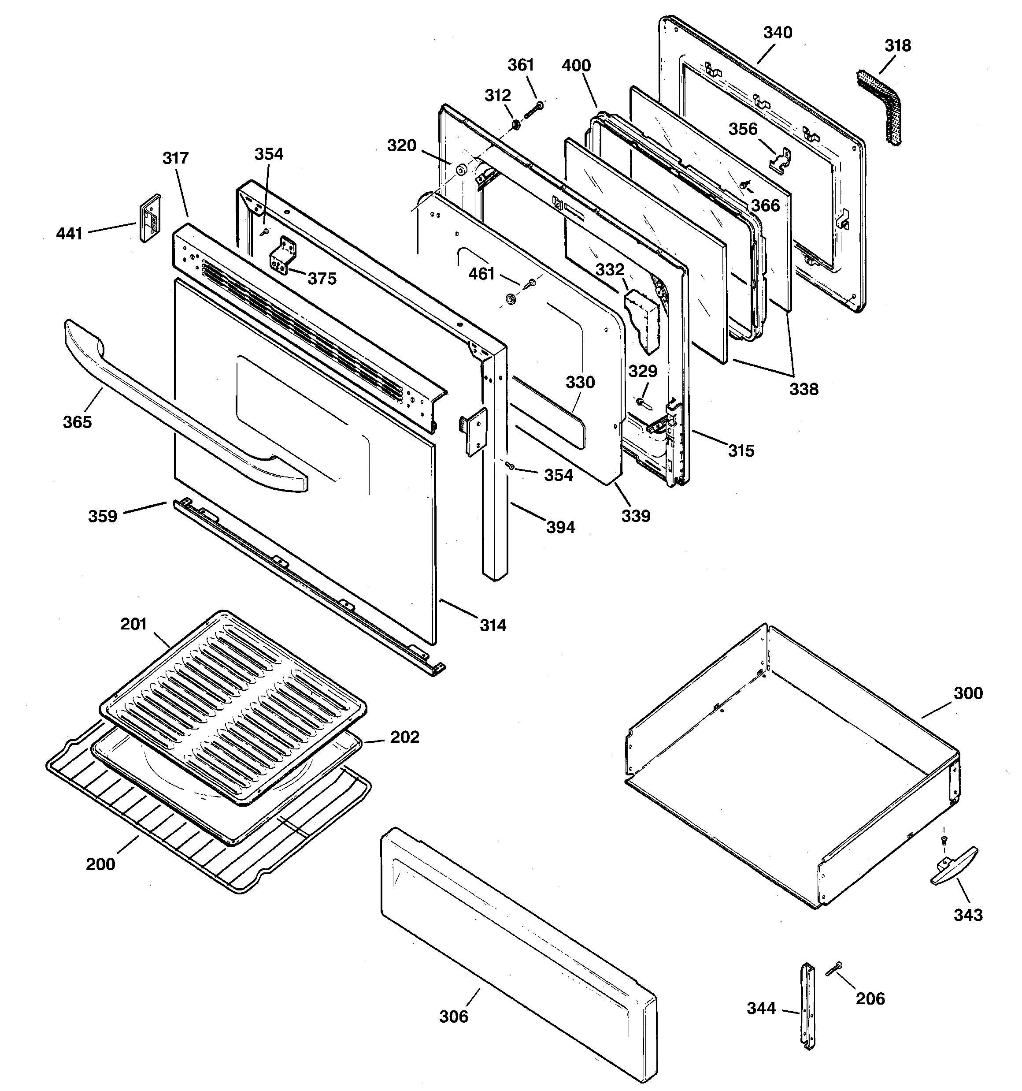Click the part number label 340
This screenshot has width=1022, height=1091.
pyautogui.click(x=778, y=33)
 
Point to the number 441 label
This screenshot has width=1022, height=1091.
pyautogui.click(x=69, y=234)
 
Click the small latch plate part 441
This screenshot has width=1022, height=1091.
pyautogui.click(x=150, y=218)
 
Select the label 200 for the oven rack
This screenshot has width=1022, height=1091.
pyautogui.click(x=100, y=864)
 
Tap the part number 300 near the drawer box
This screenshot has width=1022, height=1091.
pyautogui.click(x=968, y=693)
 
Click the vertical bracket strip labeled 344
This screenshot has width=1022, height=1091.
pyautogui.click(x=809, y=1008)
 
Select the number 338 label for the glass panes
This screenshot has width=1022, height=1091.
pyautogui.click(x=804, y=389)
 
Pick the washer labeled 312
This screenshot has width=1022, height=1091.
pyautogui.click(x=516, y=126)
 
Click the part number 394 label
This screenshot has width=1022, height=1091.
pyautogui.click(x=560, y=527)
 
